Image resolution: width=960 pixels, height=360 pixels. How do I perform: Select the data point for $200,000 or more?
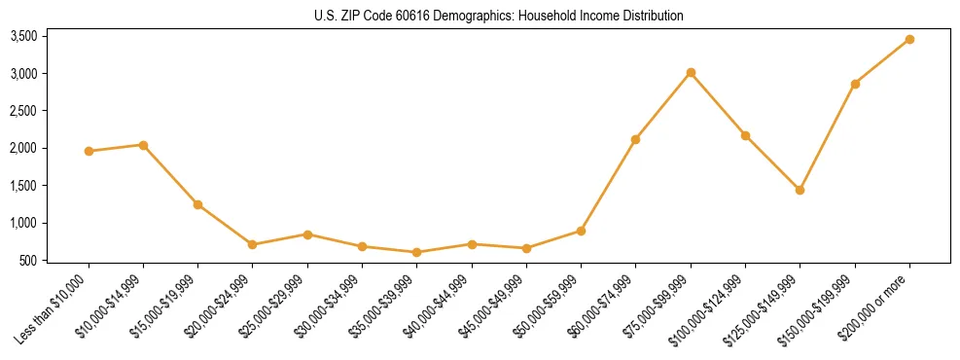pos(909,39)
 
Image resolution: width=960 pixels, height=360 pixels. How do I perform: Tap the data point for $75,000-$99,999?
pos(691,72)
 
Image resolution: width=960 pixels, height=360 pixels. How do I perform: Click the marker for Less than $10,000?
pos(89,151)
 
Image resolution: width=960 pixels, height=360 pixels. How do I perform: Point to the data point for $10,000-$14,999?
pos(143,145)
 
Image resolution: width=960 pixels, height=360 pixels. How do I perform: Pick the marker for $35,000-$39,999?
pos(417,252)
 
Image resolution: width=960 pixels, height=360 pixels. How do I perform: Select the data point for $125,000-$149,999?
pos(800,190)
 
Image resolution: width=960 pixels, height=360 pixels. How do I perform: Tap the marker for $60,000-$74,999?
pos(635,139)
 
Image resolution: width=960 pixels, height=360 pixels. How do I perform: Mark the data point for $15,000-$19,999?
pos(197,204)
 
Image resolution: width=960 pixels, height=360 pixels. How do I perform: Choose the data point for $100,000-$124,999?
pos(745,135)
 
